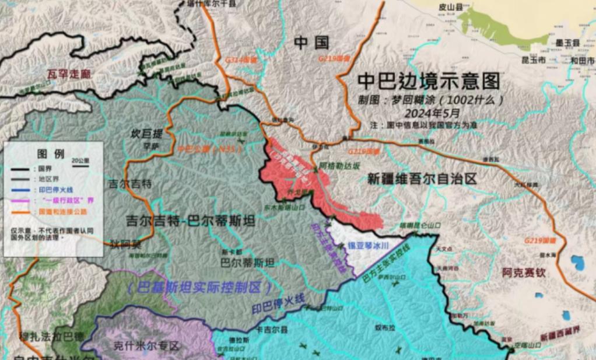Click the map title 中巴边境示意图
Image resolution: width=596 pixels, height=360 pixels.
click(x=429, y=81)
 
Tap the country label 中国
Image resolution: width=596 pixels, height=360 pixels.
click(x=311, y=42)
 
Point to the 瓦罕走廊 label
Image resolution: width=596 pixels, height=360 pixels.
click(x=70, y=74)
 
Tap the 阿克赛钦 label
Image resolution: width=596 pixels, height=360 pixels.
click(x=524, y=271)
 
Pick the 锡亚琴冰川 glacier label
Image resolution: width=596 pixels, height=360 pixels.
click(x=368, y=246)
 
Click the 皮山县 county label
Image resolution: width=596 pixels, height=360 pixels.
click(x=450, y=8)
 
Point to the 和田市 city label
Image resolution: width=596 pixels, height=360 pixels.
click(x=582, y=60)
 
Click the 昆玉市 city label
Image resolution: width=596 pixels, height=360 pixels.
click(x=533, y=60)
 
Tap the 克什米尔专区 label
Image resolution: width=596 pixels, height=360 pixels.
click(x=146, y=346)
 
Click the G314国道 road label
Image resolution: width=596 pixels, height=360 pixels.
click(x=241, y=60)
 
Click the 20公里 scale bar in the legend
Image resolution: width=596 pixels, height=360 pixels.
click(x=80, y=162)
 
